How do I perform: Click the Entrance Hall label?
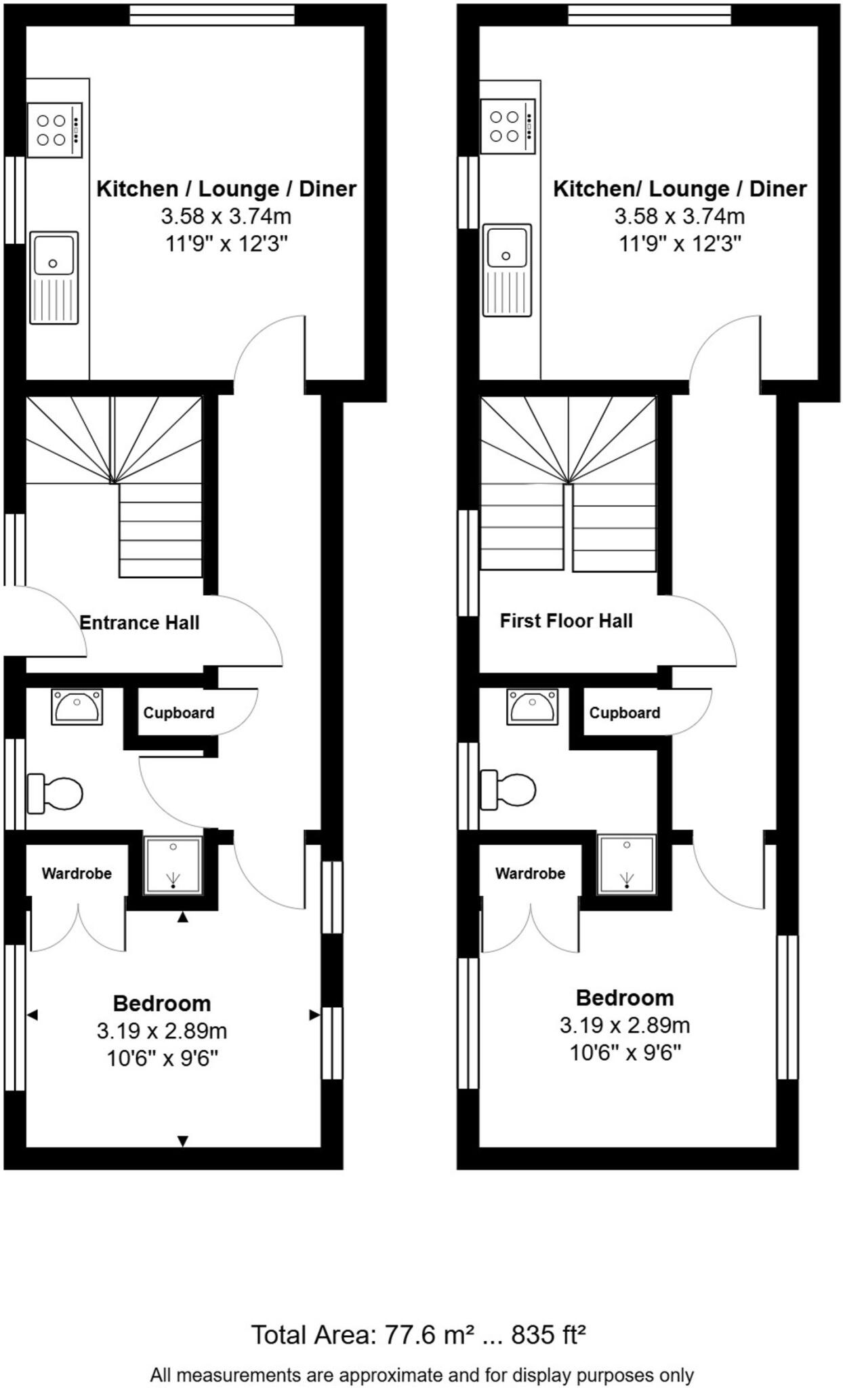coord(140,623)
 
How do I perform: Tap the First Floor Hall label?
coord(566,621)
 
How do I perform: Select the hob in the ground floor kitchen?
coord(55,130)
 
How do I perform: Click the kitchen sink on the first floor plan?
coord(506,270)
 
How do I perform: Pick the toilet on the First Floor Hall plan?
coord(508,790)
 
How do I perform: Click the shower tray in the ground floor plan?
coord(173,864)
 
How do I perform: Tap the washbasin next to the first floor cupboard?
coord(533,706)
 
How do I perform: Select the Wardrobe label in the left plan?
coord(77,874)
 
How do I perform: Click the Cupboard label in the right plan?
coord(624,713)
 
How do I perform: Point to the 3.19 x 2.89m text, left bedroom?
coord(162,1032)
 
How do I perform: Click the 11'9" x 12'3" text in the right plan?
coord(680,243)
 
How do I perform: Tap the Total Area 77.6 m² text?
coord(418,1334)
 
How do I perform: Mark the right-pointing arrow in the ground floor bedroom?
coord(314,1015)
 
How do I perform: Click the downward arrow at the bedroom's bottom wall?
coord(182,1141)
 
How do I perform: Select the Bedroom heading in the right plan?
coord(625,998)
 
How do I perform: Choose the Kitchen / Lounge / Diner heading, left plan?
coord(226,188)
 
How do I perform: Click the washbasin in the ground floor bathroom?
coord(77,706)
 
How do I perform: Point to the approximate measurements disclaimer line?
coord(421,1375)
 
